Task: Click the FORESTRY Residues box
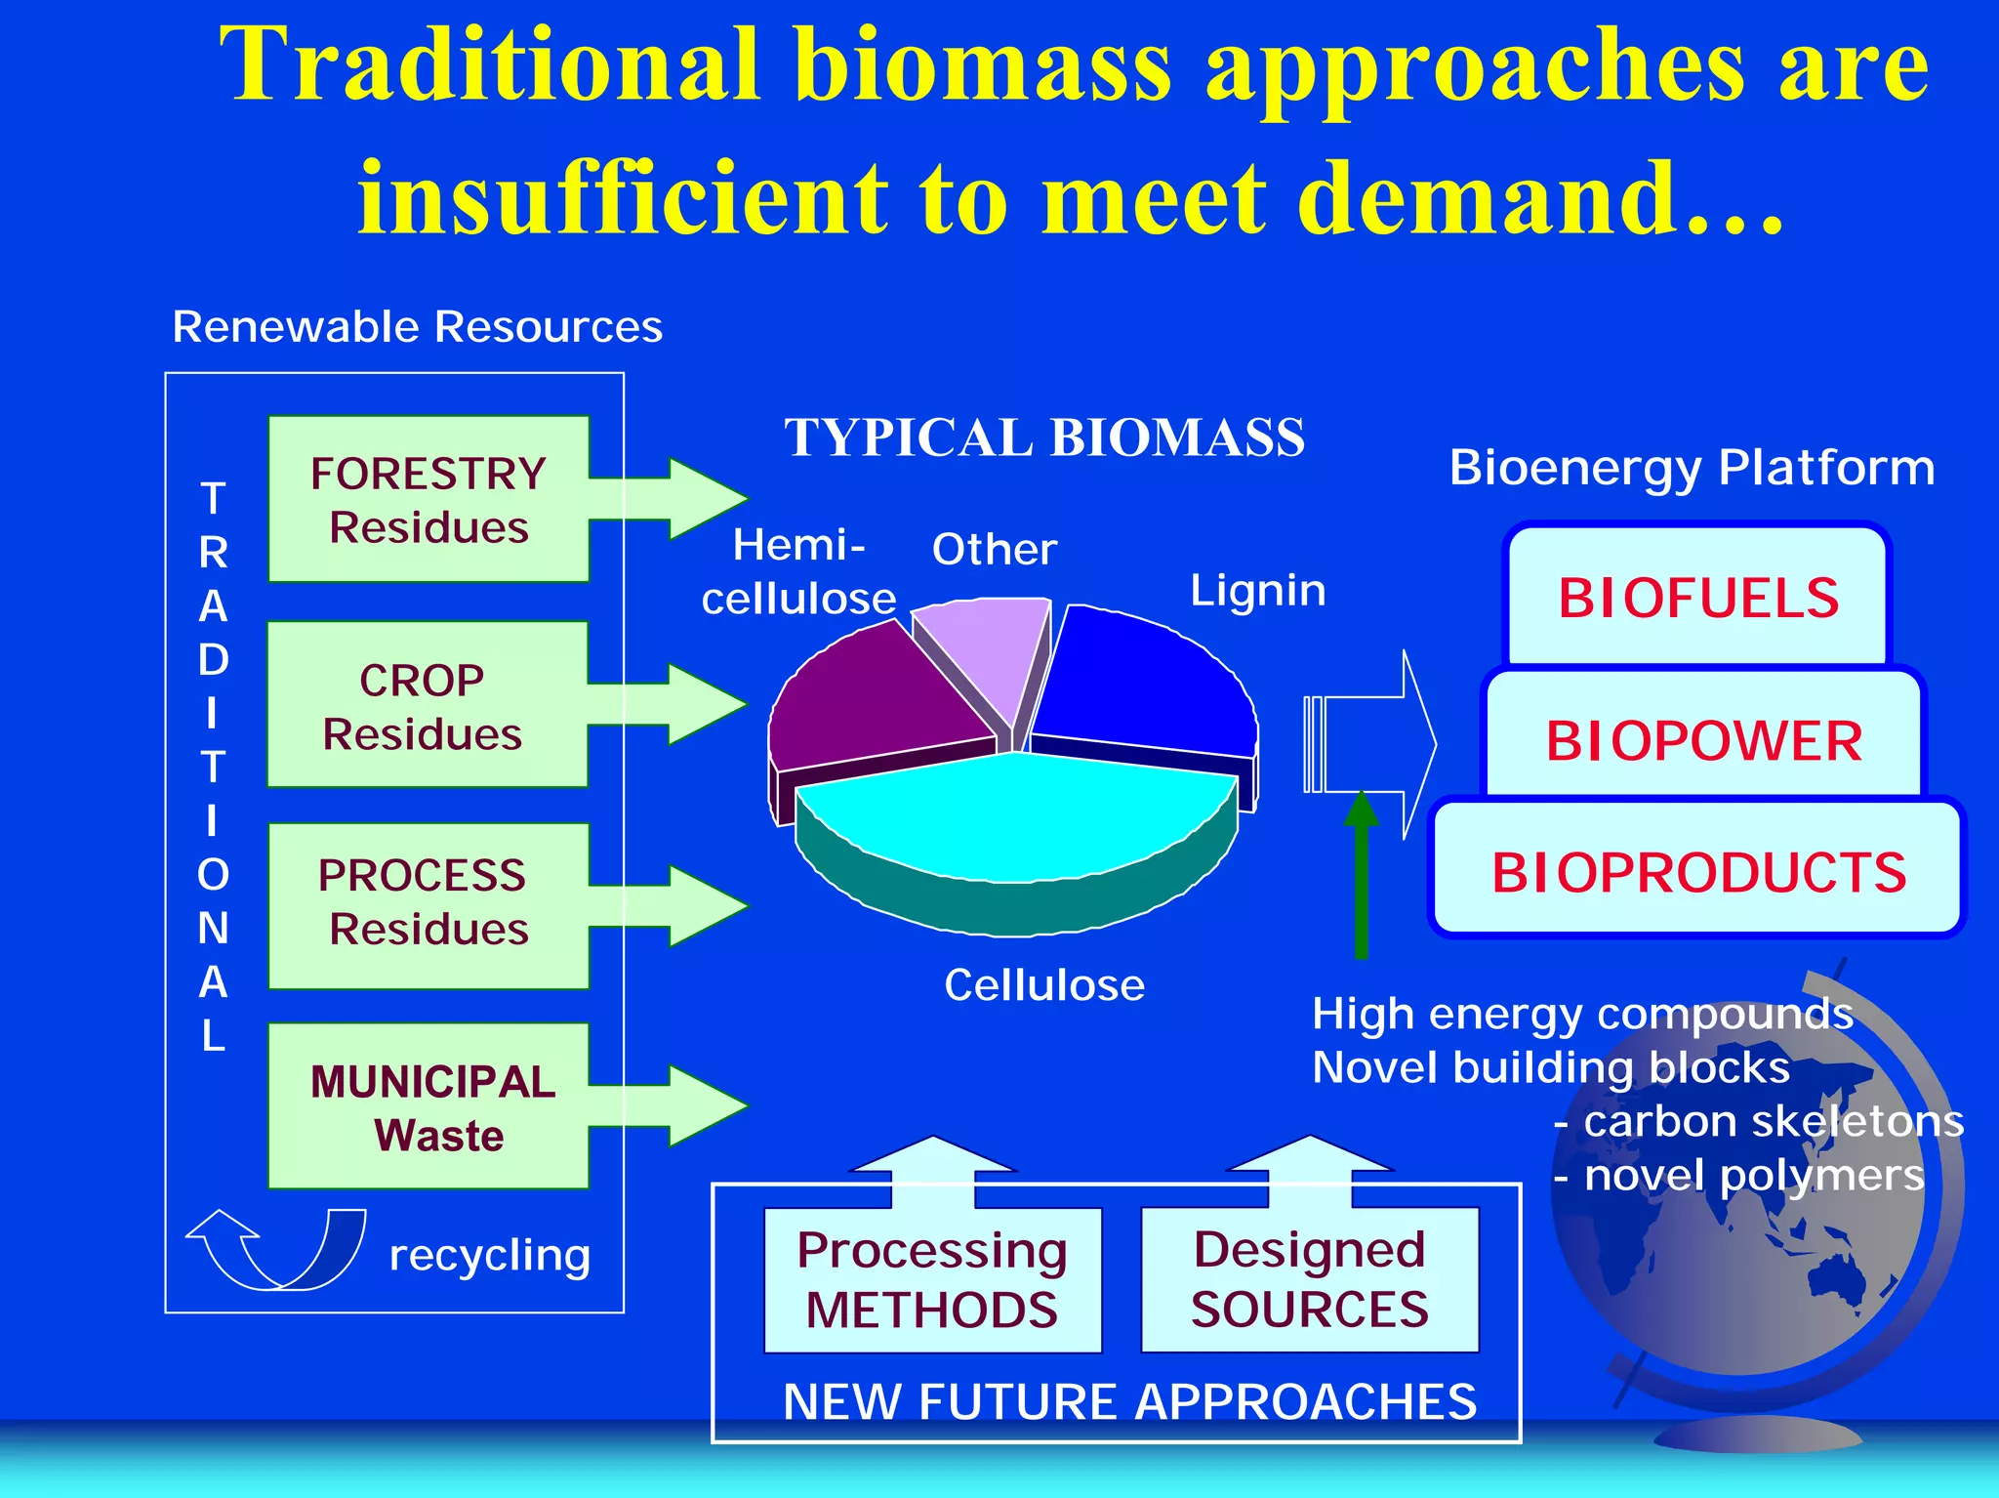428,499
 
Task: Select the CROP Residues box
426,704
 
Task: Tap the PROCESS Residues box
428,905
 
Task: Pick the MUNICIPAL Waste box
429,1106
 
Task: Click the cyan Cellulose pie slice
1015,820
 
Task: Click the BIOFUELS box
1697,598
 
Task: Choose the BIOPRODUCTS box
1697,871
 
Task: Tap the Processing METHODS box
932,1279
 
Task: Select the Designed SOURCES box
1309,1279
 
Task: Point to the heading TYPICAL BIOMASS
1044,437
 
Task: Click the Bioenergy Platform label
1692,468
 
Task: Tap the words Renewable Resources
417,327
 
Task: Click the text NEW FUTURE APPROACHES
1129,1402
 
